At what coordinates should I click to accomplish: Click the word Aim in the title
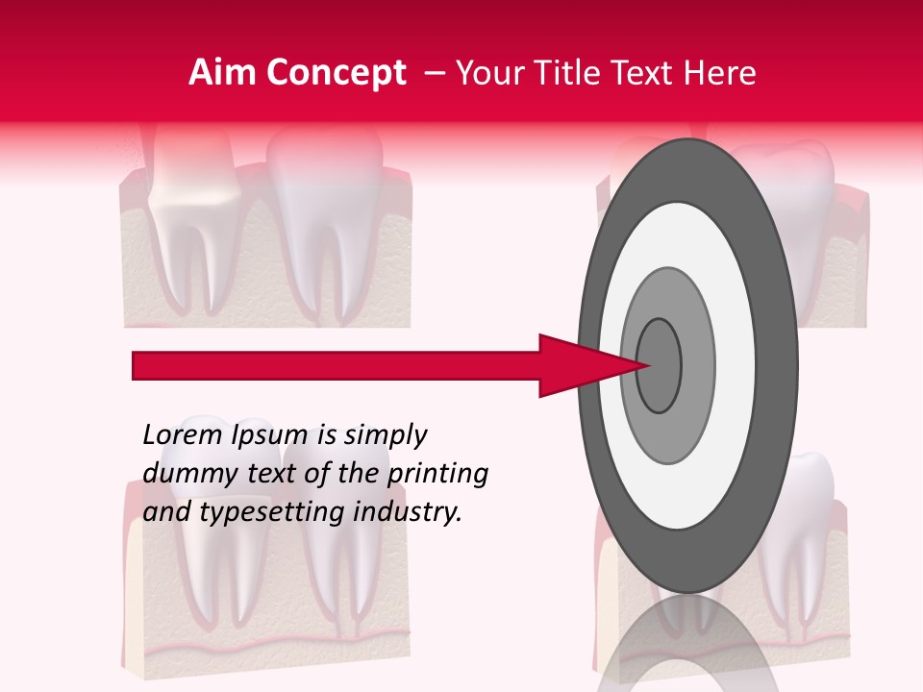219,73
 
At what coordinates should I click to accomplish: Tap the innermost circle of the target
660,365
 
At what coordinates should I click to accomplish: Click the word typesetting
269,513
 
